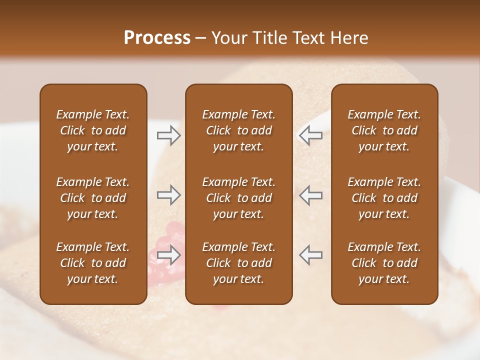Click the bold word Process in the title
click(157, 38)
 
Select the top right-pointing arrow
click(168, 135)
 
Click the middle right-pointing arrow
click(168, 195)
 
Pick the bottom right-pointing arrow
click(168, 255)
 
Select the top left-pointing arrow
click(310, 135)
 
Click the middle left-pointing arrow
click(310, 195)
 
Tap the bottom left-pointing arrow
click(310, 255)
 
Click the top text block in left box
click(93, 130)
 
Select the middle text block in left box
click(93, 198)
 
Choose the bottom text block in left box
click(93, 263)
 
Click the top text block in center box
click(238, 130)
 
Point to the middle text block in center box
click(238, 198)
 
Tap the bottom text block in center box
click(238, 263)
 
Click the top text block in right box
click(384, 130)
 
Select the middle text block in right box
click(384, 198)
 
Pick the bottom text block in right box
click(384, 263)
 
